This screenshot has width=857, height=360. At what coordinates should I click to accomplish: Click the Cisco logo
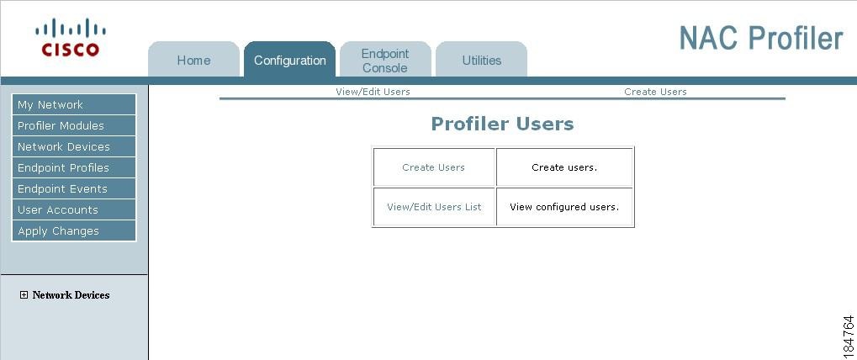(x=71, y=37)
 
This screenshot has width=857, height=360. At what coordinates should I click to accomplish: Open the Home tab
(x=193, y=60)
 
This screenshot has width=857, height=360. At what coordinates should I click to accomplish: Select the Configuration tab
(x=289, y=60)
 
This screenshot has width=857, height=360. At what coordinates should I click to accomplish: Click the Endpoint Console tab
(x=385, y=60)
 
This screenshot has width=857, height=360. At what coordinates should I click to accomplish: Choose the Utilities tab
(x=482, y=60)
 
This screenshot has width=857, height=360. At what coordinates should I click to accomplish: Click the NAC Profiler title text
(x=761, y=38)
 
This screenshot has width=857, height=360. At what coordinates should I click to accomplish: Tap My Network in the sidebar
(x=74, y=104)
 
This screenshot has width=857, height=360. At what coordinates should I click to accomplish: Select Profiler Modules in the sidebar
(x=74, y=125)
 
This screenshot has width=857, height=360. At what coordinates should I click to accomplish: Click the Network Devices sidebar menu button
(x=74, y=146)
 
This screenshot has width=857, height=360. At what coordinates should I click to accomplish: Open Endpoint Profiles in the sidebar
(x=74, y=167)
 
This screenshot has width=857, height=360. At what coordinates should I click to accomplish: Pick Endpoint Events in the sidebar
(x=74, y=188)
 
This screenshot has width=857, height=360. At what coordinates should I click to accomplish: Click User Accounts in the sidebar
(x=74, y=209)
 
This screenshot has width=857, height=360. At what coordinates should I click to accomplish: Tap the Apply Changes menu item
(x=74, y=230)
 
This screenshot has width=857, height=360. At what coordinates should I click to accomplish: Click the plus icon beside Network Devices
(x=24, y=295)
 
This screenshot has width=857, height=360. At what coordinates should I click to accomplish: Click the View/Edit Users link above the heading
(x=373, y=92)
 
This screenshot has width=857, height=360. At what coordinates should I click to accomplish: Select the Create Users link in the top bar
(x=655, y=92)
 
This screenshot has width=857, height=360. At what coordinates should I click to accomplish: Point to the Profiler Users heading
(x=502, y=124)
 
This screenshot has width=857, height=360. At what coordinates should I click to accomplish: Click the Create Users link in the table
(x=433, y=167)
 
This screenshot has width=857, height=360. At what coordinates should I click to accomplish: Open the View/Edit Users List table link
(x=434, y=207)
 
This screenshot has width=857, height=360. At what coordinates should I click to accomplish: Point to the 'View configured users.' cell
(x=564, y=207)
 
